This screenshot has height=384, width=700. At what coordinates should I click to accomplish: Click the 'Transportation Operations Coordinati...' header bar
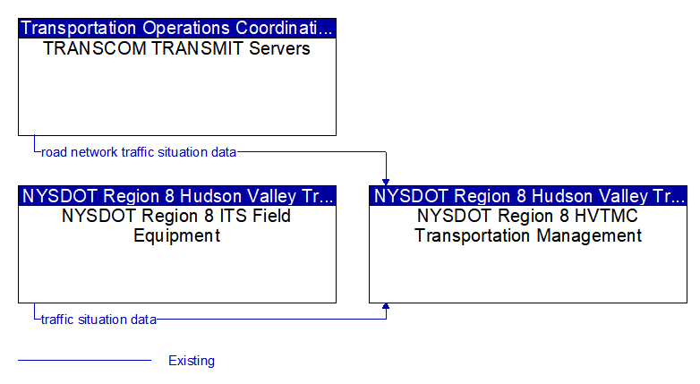point(177,28)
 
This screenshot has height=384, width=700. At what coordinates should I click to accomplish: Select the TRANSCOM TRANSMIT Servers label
point(176,48)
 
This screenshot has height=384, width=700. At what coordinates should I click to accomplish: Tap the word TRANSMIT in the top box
point(198,48)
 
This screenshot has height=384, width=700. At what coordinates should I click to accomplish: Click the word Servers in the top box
point(279,48)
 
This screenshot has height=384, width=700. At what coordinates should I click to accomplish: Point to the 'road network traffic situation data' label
point(139,152)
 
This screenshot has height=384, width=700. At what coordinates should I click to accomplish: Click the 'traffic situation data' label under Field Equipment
point(98,320)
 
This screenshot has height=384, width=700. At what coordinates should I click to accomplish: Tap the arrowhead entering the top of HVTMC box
point(386,183)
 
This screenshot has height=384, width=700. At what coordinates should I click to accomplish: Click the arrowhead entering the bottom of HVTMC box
point(386,306)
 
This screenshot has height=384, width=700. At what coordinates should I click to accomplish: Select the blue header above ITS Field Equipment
point(177,195)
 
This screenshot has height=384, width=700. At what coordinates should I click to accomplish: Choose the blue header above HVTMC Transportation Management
point(528,195)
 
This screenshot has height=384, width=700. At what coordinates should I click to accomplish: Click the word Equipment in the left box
point(176,235)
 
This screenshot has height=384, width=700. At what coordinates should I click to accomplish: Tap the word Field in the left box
point(271,216)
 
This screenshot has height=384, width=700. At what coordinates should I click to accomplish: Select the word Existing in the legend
point(192,361)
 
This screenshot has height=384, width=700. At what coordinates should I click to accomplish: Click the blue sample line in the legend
point(85,360)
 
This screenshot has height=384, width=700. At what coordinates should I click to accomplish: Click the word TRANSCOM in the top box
point(95,48)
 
